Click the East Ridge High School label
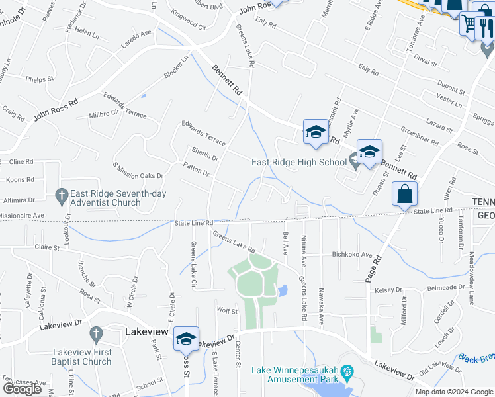pos(298,162)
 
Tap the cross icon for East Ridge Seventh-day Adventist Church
pos(60,195)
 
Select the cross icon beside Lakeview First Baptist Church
pos(96,333)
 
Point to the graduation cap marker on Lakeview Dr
pos(187,339)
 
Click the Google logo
pos(22,389)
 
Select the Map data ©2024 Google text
pos(454,392)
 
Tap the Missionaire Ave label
pos(21,215)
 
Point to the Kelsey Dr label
pos(388,290)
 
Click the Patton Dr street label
pos(196,170)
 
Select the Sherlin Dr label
pos(204,155)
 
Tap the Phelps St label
pos(40,79)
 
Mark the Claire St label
pos(47,247)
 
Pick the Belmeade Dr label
pos(445,287)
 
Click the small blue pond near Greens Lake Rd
pos(283,290)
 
